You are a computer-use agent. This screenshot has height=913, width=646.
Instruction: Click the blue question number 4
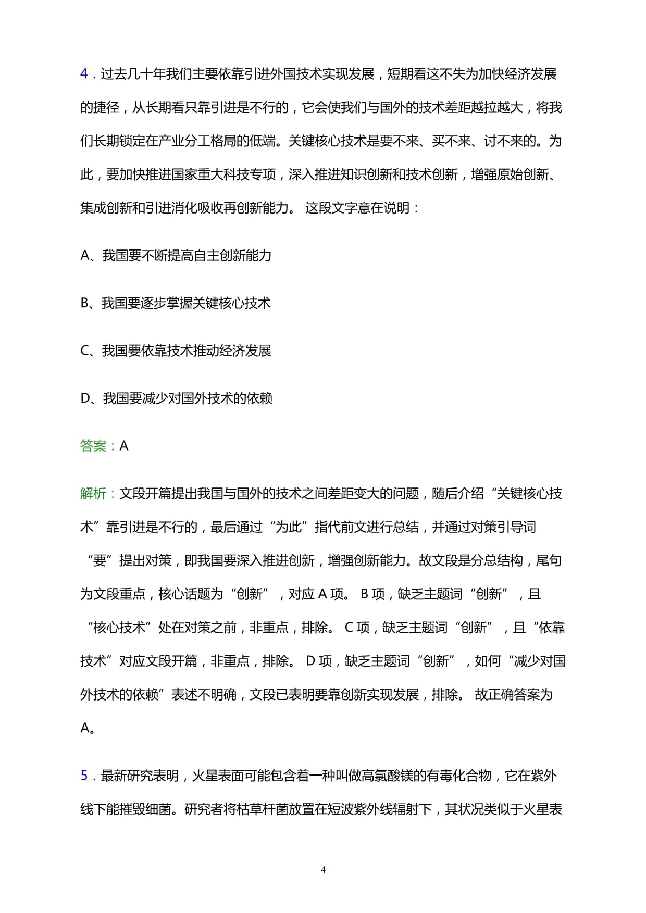click(x=84, y=74)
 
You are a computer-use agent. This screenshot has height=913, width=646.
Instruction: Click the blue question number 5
click(x=84, y=776)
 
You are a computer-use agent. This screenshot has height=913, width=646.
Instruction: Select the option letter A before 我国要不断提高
click(x=85, y=255)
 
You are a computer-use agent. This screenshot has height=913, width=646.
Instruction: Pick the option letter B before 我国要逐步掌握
click(x=85, y=303)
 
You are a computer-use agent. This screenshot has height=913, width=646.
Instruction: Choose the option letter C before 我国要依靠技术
click(x=85, y=351)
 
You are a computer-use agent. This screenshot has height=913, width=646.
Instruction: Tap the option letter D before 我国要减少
click(x=86, y=398)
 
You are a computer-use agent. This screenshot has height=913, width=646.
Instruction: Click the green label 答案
click(x=93, y=446)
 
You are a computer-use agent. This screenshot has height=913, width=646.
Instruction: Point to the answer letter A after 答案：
click(x=124, y=446)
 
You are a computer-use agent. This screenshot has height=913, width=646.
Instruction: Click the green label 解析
click(x=93, y=493)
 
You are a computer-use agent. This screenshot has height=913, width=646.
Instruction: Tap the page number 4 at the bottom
click(x=323, y=869)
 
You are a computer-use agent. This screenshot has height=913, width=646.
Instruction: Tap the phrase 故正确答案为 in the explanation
click(x=514, y=694)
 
